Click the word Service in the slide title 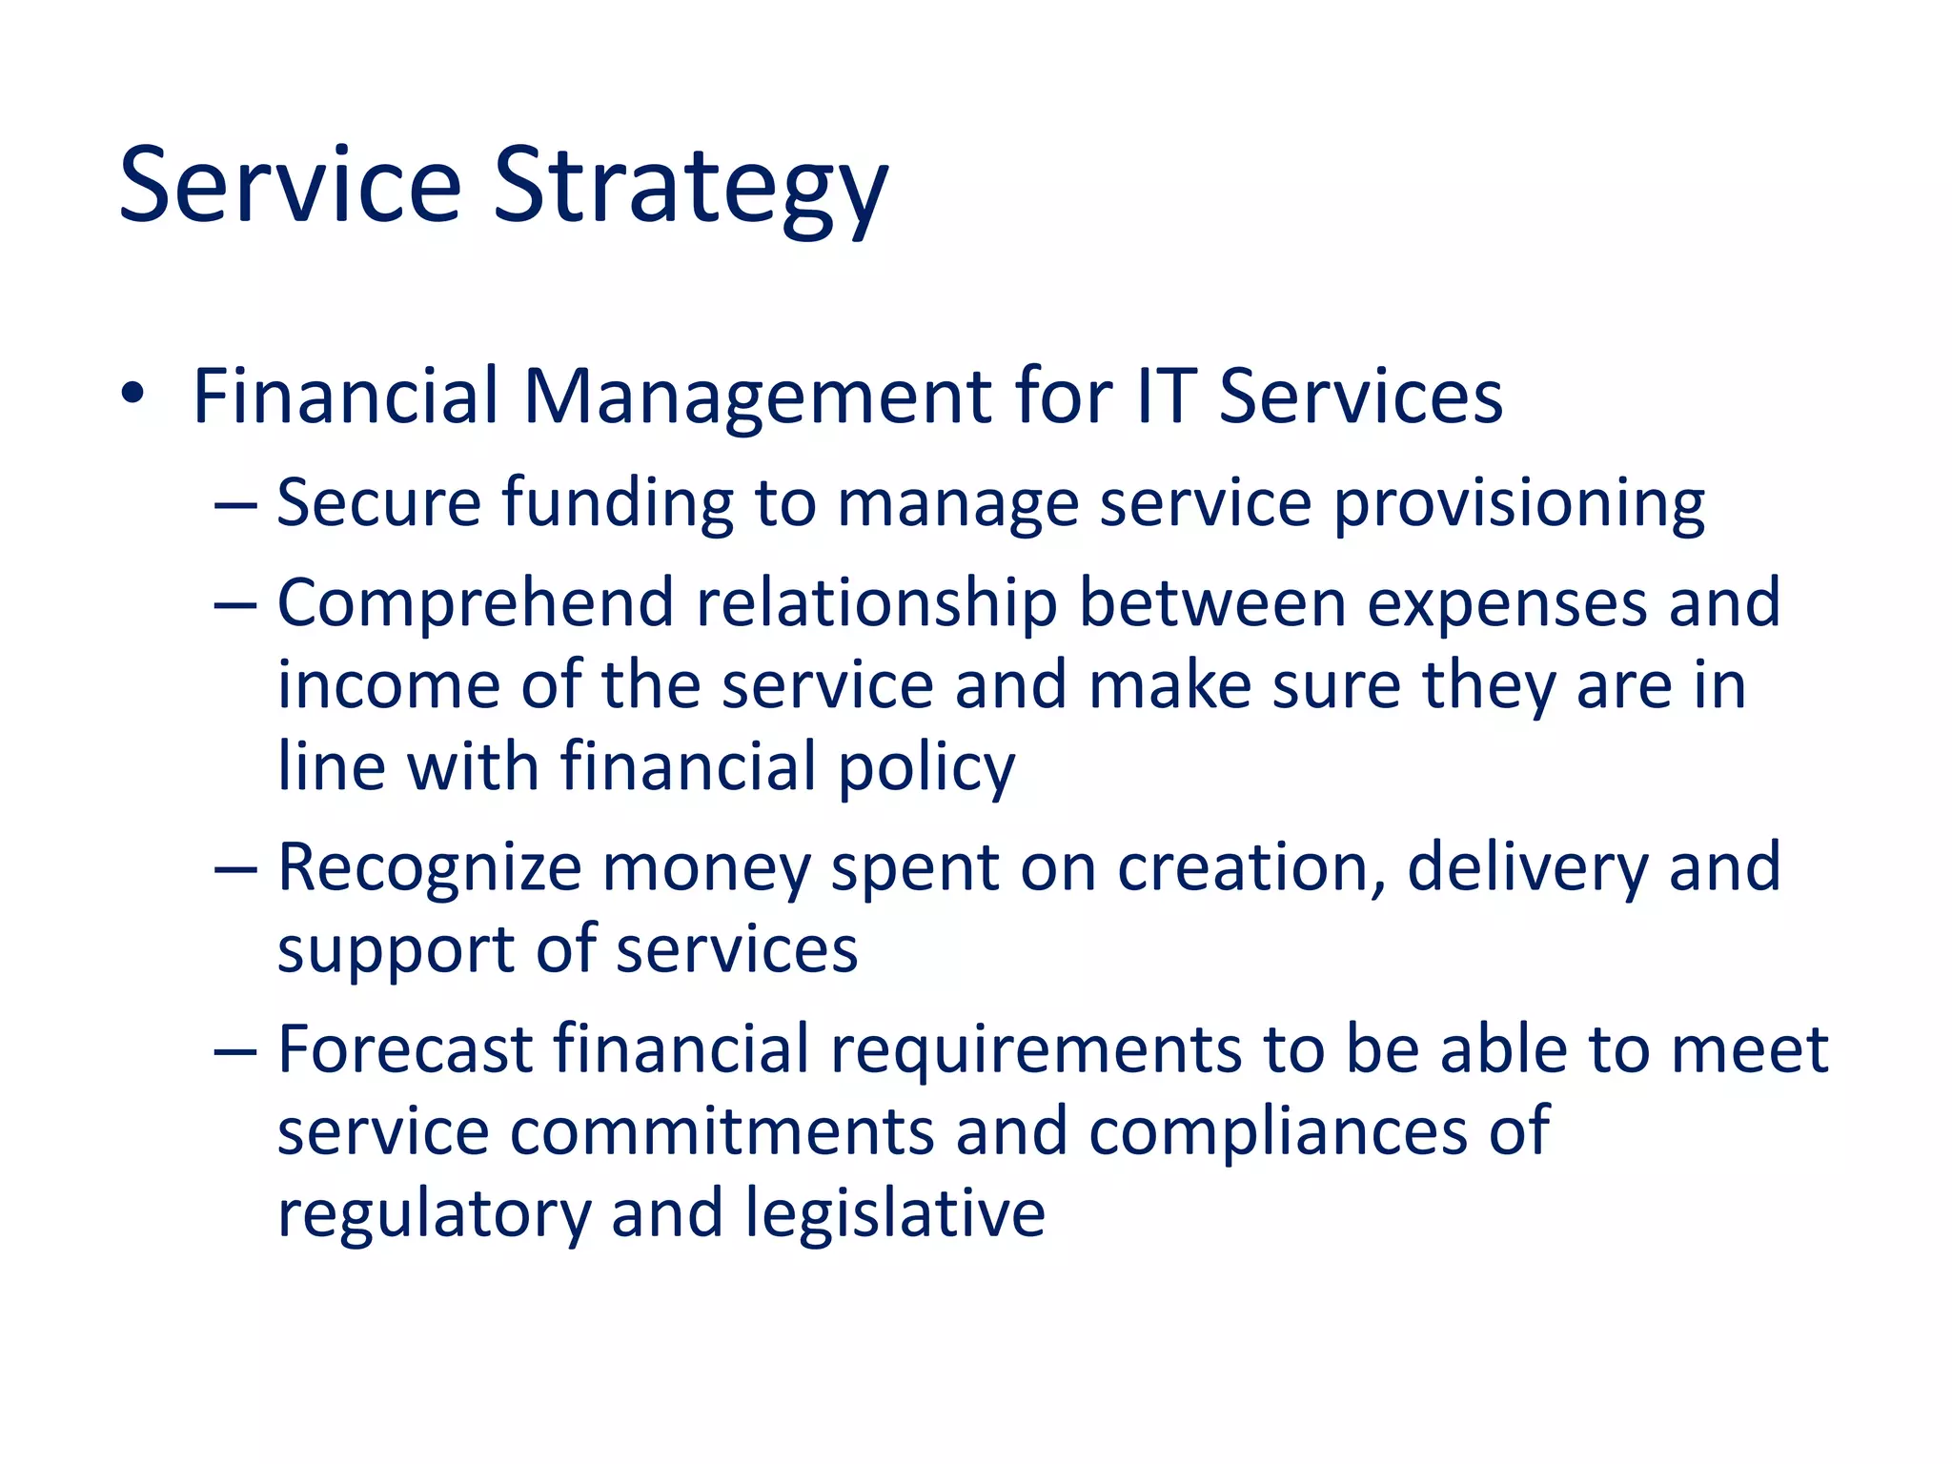(290, 186)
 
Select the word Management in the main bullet (758, 396)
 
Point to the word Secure (378, 502)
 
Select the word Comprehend (475, 604)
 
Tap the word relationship (877, 604)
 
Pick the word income (388, 685)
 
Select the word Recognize (429, 869)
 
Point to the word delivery (1527, 869)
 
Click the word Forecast (404, 1049)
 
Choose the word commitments (722, 1131)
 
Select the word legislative (895, 1213)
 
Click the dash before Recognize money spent (235, 869)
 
